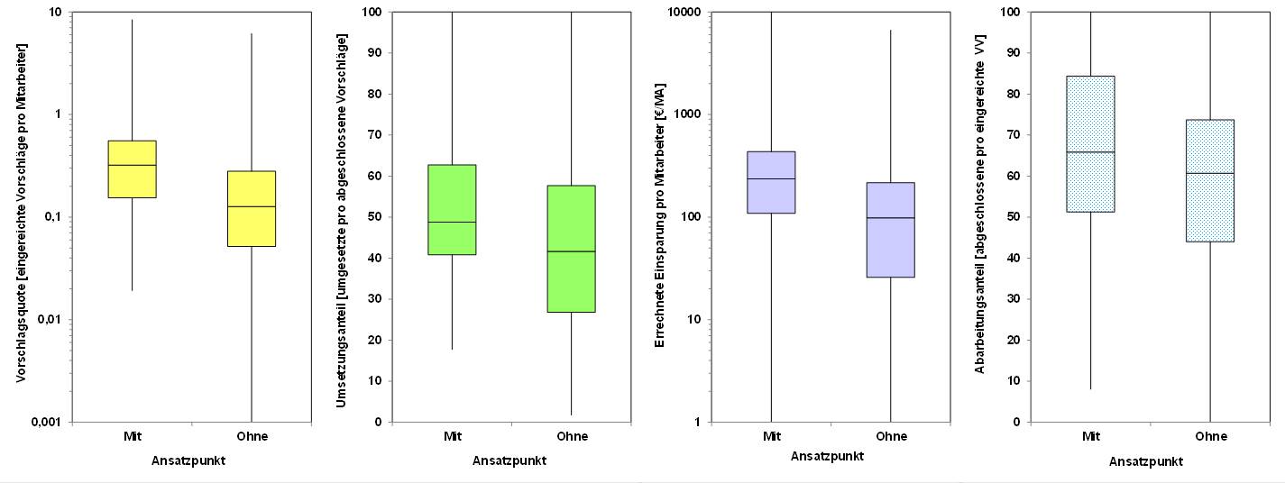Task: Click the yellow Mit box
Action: click(x=132, y=169)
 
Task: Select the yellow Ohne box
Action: click(x=251, y=208)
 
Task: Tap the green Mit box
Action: click(x=452, y=209)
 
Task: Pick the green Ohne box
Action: click(x=572, y=249)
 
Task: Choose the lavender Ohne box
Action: click(x=891, y=230)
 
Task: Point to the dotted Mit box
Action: click(x=1091, y=144)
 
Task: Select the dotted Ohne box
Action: click(x=1210, y=180)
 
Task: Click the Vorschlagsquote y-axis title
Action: click(x=21, y=216)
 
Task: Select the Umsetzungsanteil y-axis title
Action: click(x=341, y=221)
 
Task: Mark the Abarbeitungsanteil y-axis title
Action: click(x=979, y=216)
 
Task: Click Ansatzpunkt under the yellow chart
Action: click(x=189, y=460)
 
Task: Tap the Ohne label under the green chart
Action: click(x=572, y=436)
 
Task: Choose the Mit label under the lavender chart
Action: click(x=771, y=436)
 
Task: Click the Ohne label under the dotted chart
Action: click(x=1210, y=436)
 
